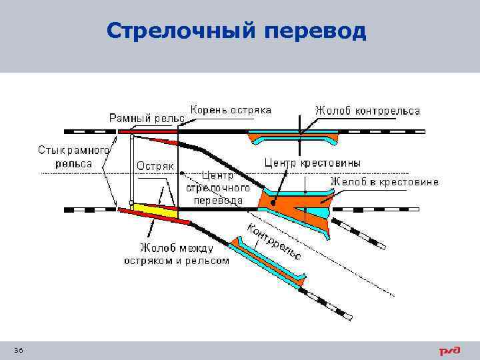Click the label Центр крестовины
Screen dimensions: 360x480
click(313, 162)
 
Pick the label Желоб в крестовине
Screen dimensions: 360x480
click(384, 181)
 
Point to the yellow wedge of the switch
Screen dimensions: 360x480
click(153, 210)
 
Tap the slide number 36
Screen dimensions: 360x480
click(18, 351)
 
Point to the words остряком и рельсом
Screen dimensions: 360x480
click(176, 261)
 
